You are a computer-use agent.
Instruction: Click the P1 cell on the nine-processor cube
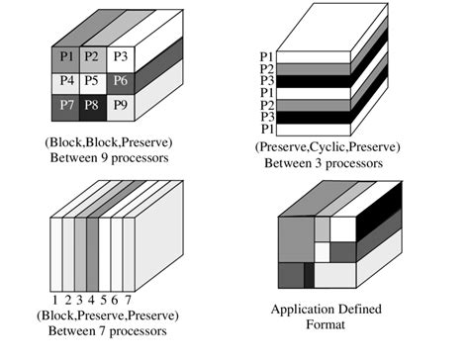coord(66,56)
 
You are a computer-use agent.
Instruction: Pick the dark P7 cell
coord(66,104)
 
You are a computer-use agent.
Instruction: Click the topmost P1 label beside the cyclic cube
coord(266,57)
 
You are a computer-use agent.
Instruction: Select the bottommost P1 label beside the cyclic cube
coord(266,129)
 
